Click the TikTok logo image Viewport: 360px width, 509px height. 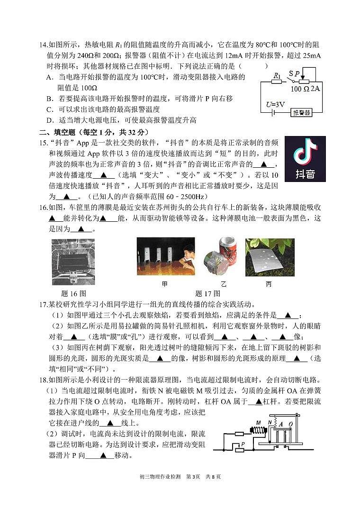click(305, 159)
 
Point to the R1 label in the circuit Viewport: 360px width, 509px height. click(278, 75)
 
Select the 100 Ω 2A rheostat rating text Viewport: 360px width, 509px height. click(306, 89)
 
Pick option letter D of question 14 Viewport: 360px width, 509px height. click(49, 121)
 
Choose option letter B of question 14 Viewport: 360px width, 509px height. click(49, 99)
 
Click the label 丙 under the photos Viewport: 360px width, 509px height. click(269, 284)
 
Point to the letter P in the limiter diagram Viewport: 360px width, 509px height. click(243, 444)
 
